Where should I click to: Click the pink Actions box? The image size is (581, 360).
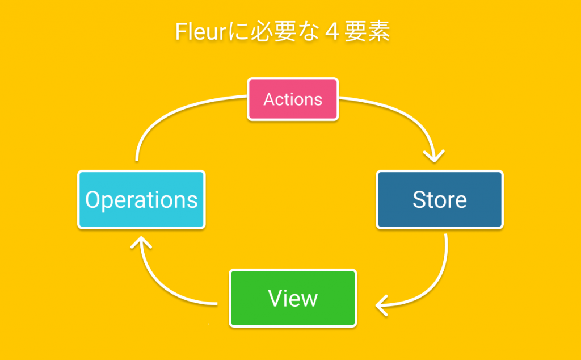(293, 99)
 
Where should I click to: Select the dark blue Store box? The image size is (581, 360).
(440, 200)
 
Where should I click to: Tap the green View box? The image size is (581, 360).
(293, 298)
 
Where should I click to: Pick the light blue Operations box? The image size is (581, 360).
(141, 200)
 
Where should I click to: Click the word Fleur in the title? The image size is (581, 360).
(196, 32)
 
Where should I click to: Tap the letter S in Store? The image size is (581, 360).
(419, 200)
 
